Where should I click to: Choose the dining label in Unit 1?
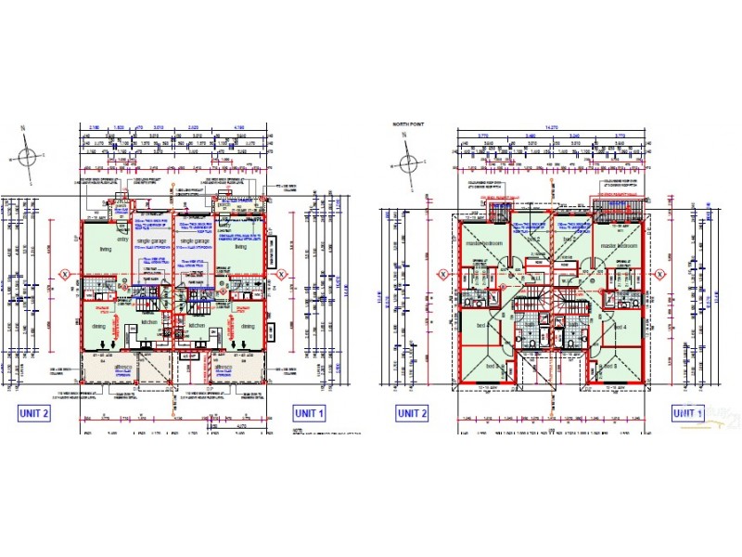pyautogui.click(x=249, y=326)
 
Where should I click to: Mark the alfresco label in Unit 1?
pyautogui.click(x=223, y=368)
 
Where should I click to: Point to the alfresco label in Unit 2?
pyautogui.click(x=122, y=368)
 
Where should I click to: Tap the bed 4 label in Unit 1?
pyautogui.click(x=619, y=327)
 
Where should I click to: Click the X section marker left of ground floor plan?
pyautogui.click(x=66, y=275)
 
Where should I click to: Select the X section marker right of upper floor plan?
pyautogui.click(x=660, y=275)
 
